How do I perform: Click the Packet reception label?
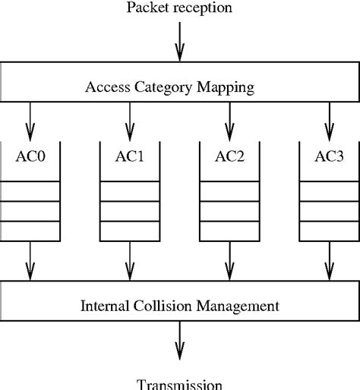coord(179,8)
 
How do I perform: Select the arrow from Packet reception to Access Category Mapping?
coord(179,41)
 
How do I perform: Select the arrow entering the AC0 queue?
coord(30,118)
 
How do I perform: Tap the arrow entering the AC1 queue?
coord(130,118)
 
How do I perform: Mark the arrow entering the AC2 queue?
coord(229,118)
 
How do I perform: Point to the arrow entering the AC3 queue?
coord(329,118)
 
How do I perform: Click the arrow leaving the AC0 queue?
coord(30,260)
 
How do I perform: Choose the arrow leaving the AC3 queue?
coord(329,260)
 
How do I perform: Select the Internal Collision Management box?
coord(179,300)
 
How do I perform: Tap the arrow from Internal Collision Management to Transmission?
coord(179,339)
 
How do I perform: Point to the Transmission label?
coord(179,383)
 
